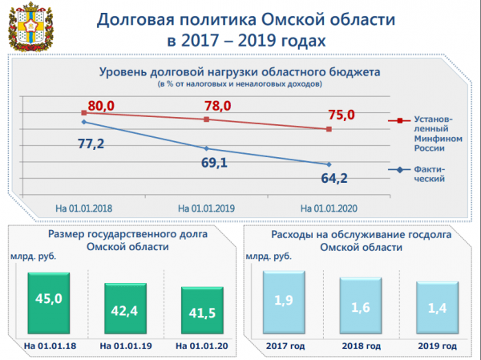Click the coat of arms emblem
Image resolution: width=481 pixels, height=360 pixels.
click(27, 26)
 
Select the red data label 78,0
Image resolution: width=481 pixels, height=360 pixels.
click(216, 106)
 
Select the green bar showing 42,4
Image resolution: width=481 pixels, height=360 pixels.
click(121, 309)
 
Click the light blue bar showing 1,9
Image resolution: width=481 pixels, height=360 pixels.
click(285, 303)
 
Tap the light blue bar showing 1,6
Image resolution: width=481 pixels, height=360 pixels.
click(361, 308)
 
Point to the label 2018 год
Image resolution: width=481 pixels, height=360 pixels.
click(361, 346)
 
